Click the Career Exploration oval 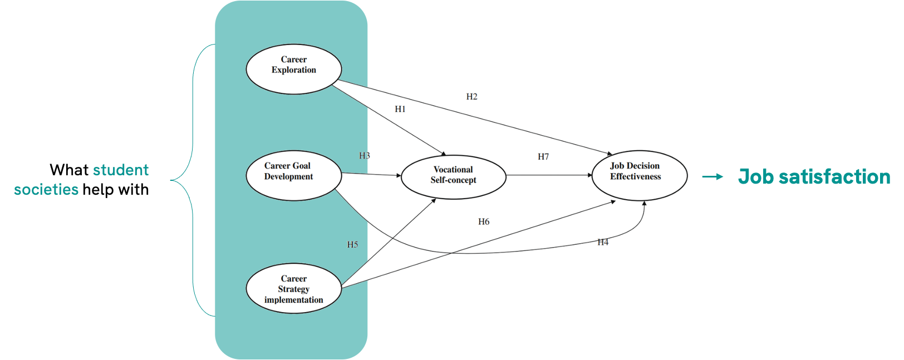(293, 69)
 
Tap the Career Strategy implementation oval (293, 288)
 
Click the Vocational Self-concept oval (453, 176)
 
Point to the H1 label (400, 109)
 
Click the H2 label (471, 97)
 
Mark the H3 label (364, 156)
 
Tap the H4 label (603, 243)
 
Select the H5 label (352, 245)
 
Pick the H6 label (484, 222)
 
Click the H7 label (543, 157)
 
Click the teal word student (121, 170)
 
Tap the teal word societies (46, 190)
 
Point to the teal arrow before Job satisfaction (713, 177)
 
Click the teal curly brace (192, 180)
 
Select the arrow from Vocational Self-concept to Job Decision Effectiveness (549, 175)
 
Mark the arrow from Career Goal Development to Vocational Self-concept (371, 175)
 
